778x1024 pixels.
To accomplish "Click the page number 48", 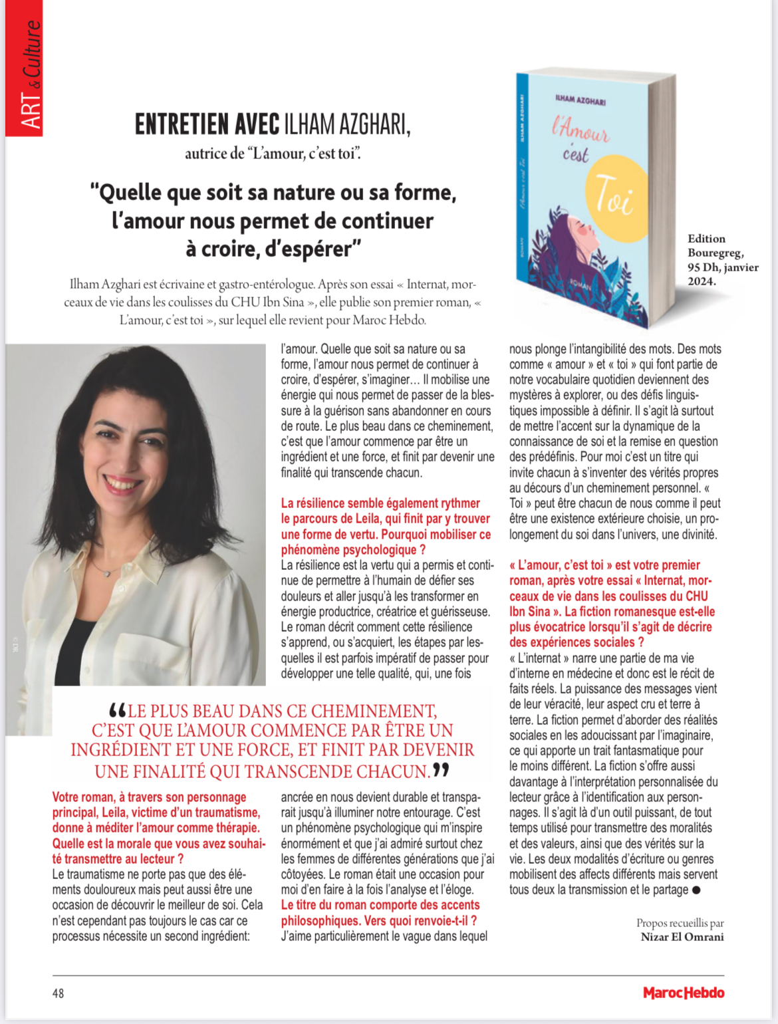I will tap(59, 993).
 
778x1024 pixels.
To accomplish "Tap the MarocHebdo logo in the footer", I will tap(684, 993).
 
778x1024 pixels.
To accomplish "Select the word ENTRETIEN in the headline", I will tap(207, 124).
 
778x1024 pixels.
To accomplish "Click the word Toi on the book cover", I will tap(613, 195).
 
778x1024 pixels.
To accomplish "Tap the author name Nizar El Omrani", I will tap(682, 937).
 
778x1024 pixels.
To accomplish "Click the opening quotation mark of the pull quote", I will tap(117, 710).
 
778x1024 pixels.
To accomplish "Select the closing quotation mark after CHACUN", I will tap(441, 771).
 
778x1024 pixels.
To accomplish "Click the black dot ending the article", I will tap(696, 890).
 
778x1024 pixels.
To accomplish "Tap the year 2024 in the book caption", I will tap(702, 281).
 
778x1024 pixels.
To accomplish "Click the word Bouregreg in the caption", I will tap(715, 253).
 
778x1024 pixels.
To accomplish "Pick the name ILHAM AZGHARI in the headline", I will tap(346, 124).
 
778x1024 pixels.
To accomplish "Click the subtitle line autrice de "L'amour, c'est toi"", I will tap(273, 154).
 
